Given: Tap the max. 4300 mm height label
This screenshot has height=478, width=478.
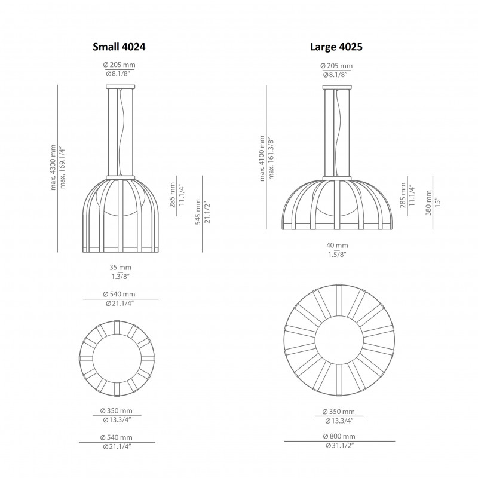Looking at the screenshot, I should (x=54, y=167).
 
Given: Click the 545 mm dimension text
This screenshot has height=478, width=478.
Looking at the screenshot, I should (x=198, y=213).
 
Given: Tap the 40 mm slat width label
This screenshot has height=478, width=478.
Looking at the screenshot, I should (x=337, y=245).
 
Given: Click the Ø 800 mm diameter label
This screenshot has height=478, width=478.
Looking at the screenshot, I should (x=337, y=436).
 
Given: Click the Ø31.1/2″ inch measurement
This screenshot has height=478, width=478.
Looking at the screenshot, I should (x=337, y=446).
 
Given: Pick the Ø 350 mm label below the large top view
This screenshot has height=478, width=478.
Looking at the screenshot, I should (x=337, y=412).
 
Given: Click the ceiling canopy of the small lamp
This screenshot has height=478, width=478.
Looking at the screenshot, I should (x=119, y=87).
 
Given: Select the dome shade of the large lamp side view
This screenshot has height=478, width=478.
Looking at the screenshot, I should (x=336, y=203).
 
